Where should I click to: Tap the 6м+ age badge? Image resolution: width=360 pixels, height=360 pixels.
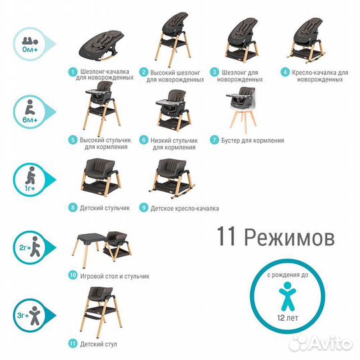(x=28, y=110)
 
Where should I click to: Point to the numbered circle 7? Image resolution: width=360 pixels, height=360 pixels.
(x=215, y=141)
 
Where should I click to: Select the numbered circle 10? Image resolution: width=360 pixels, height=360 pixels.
(x=72, y=275)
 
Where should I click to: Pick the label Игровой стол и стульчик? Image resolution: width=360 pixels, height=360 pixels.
(x=113, y=275)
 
